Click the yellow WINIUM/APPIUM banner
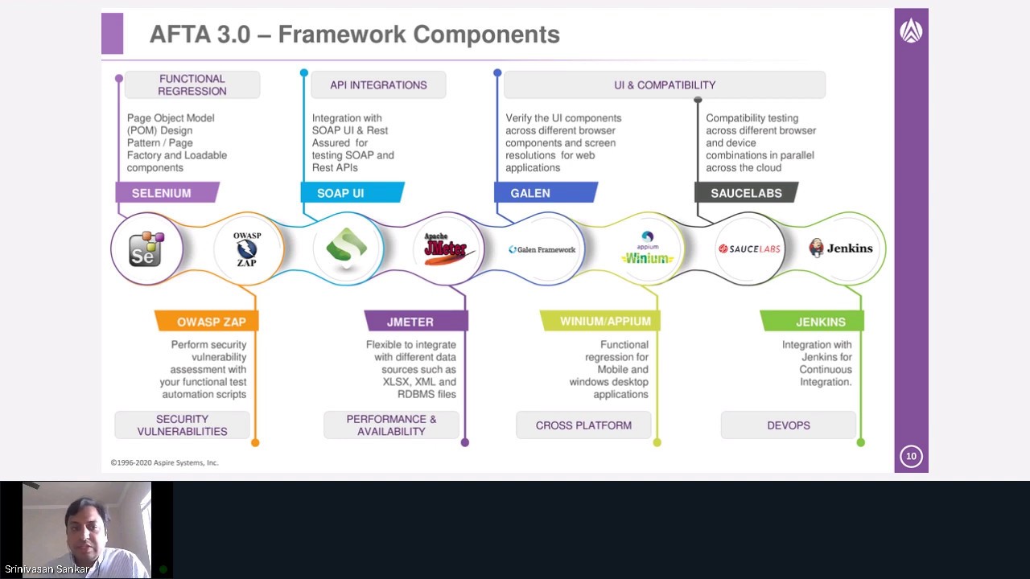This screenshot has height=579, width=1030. pyautogui.click(x=604, y=322)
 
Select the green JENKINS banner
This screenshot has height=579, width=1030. pyautogui.click(x=816, y=322)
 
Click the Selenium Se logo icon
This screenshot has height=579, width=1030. pyautogui.click(x=146, y=249)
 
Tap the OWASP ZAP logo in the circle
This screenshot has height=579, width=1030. pyautogui.click(x=247, y=249)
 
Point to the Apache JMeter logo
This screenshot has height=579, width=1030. pyautogui.click(x=446, y=248)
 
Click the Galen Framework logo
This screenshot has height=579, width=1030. pyautogui.click(x=542, y=249)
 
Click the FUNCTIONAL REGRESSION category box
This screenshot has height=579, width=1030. pyautogui.click(x=192, y=85)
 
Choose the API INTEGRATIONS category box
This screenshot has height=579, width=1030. pyautogui.click(x=378, y=85)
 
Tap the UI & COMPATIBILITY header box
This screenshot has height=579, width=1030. pyautogui.click(x=664, y=85)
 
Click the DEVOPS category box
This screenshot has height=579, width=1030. pyautogui.click(x=788, y=425)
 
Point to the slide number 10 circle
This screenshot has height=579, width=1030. pyautogui.click(x=911, y=456)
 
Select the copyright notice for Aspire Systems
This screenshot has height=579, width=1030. pyautogui.click(x=165, y=462)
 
